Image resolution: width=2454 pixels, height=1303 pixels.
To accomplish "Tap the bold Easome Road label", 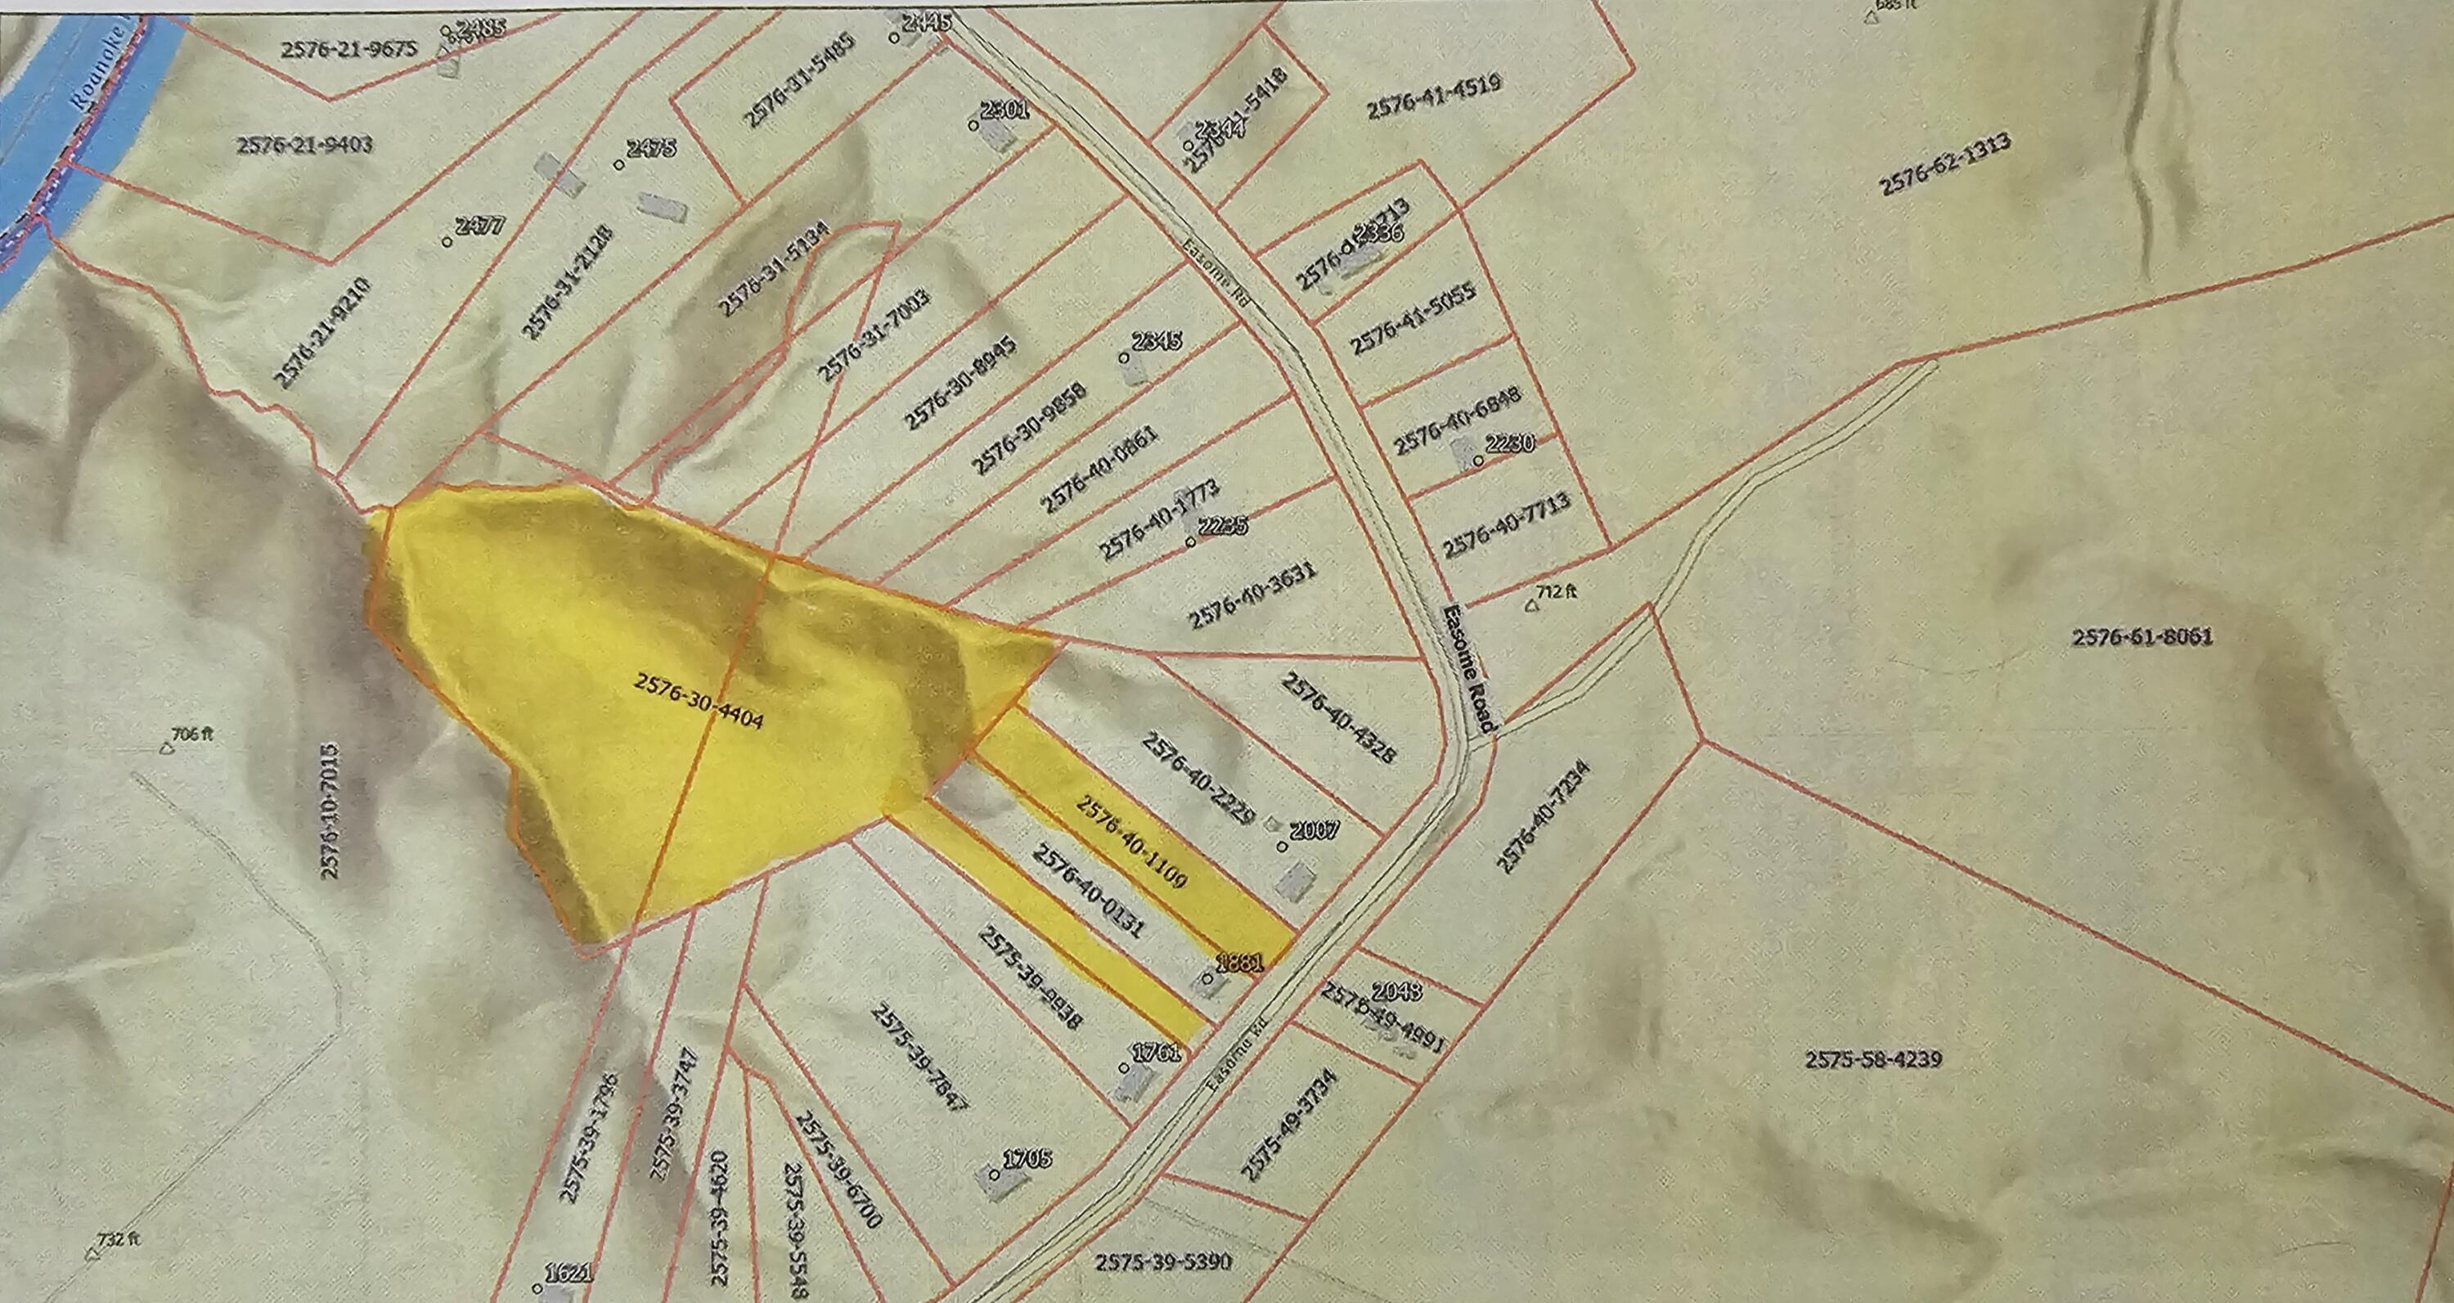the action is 1469,667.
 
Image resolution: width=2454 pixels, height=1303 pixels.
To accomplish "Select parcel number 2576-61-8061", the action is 2142,637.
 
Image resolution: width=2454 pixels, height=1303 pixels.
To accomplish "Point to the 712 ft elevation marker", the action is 1549,593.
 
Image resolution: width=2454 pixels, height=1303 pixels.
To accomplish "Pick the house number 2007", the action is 1314,830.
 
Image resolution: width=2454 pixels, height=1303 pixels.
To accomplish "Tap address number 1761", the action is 1157,1053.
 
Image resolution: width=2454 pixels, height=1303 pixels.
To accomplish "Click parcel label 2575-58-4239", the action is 1873,1059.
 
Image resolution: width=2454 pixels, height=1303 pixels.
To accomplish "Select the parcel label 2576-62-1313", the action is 1945,164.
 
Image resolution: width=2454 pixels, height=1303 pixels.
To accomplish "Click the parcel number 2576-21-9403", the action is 304,145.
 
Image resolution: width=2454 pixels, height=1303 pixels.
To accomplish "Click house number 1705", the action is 1027,1158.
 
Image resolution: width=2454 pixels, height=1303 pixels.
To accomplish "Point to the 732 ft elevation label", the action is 117,1240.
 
